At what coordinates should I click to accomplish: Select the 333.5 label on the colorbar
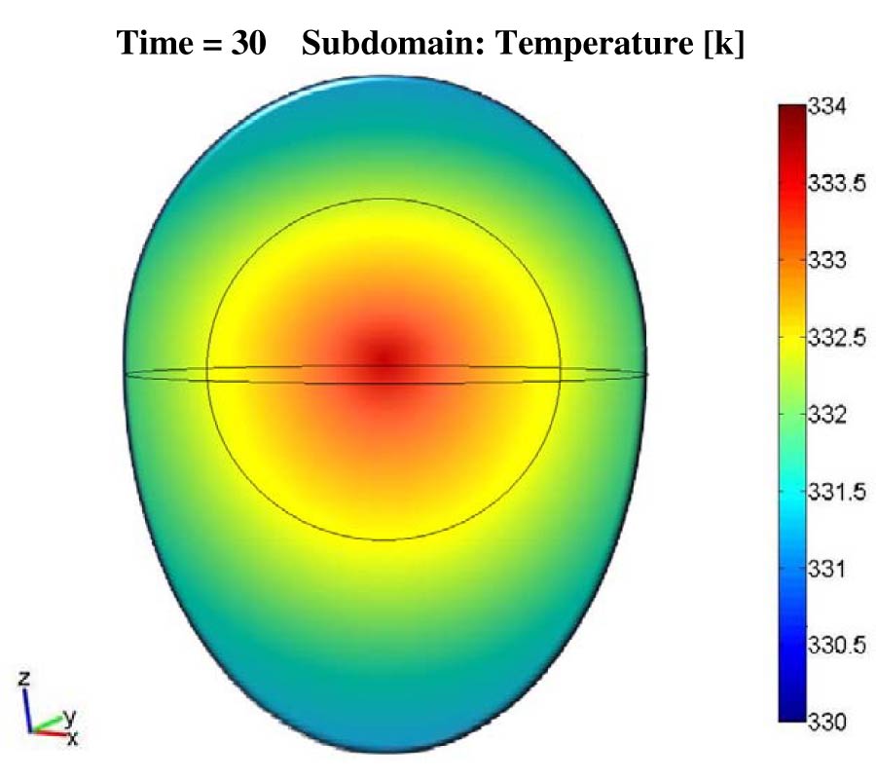pyautogui.click(x=836, y=185)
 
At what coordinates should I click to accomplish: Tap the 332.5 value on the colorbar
pyautogui.click(x=836, y=339)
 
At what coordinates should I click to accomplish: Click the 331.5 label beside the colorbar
pyautogui.click(x=836, y=493)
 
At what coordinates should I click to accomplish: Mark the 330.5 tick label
pyautogui.click(x=836, y=646)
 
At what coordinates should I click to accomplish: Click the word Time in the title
pyautogui.click(x=162, y=45)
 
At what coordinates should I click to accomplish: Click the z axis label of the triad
pyautogui.click(x=26, y=674)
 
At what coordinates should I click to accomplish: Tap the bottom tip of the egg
pyautogui.click(x=386, y=751)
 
